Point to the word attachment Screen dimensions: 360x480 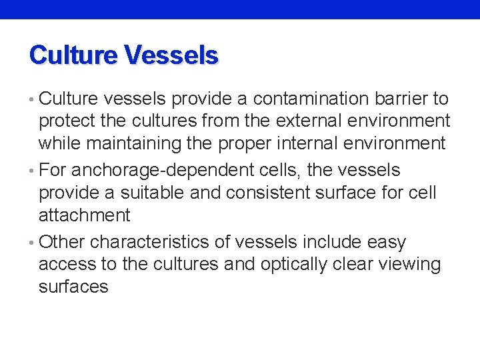pyautogui.click(x=85, y=215)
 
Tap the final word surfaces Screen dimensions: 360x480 pyautogui.click(x=73, y=287)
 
